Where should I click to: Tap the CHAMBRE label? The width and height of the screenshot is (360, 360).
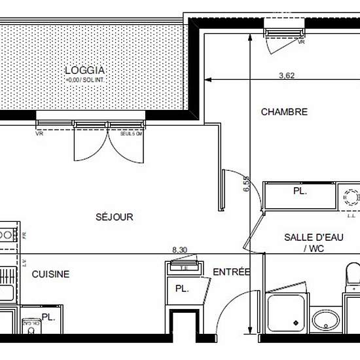(x=284, y=112)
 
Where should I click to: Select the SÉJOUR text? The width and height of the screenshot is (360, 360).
(x=114, y=217)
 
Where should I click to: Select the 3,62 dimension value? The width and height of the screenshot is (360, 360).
(x=287, y=75)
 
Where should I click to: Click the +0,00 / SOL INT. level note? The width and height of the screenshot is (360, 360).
(x=85, y=80)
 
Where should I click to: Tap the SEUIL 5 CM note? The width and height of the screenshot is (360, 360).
(x=130, y=134)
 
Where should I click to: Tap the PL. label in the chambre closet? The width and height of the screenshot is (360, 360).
(x=300, y=192)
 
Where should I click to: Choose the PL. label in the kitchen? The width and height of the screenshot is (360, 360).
(x=48, y=317)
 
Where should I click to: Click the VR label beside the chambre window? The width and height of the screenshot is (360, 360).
(x=301, y=42)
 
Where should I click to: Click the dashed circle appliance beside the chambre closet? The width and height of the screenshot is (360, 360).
(x=351, y=197)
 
